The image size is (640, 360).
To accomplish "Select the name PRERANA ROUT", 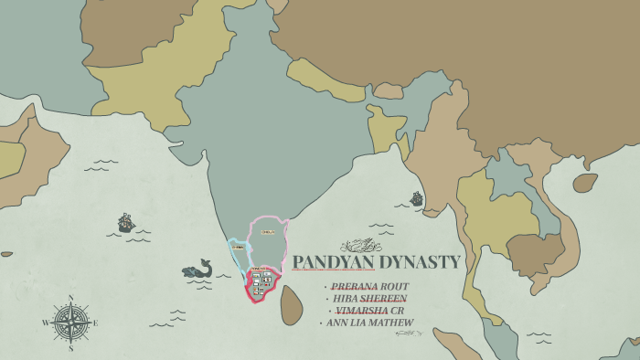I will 369,286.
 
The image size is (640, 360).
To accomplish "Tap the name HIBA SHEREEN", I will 370,298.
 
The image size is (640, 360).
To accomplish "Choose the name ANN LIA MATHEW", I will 369,322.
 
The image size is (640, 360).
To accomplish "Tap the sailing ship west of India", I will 126,222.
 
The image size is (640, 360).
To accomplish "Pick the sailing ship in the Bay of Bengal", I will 417,198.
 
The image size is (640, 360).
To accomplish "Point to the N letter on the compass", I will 70,298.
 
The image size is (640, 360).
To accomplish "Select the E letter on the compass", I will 95,323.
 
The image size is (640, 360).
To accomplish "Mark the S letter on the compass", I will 70,348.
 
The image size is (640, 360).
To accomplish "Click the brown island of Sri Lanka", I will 291,305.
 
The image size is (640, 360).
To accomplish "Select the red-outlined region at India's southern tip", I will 260,283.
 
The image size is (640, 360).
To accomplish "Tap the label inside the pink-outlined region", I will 268,232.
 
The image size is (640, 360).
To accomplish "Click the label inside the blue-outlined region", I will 238,247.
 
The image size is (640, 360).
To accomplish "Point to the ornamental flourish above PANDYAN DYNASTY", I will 360,245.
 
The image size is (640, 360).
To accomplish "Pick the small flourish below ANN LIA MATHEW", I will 408,333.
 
